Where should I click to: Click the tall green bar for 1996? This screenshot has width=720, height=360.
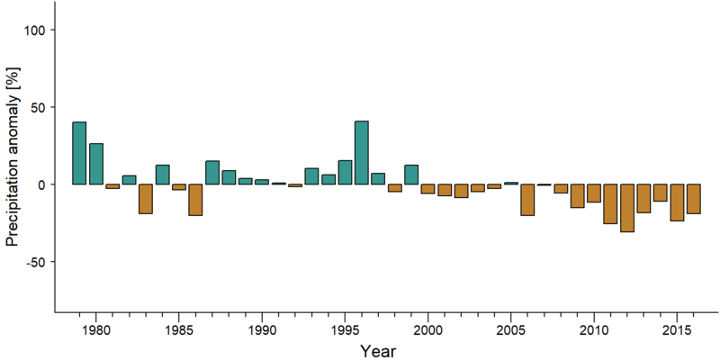pos(362,152)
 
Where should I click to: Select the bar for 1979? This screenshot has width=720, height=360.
pos(79,153)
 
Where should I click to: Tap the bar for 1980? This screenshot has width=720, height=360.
pos(96,164)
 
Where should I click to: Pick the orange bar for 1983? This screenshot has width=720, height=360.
pos(146,199)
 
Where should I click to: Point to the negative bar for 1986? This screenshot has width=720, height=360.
pos(195,200)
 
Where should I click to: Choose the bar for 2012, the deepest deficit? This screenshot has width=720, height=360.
pos(627,208)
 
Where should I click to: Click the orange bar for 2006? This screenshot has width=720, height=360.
pos(527,200)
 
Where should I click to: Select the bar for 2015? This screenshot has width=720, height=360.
pos(677,202)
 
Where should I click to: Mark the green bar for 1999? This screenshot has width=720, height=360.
pos(411,175)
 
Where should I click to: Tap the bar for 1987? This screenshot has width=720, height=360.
pos(212,173)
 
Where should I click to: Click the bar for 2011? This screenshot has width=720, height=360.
pos(610,204)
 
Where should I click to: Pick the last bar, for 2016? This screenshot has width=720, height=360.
pos(694,199)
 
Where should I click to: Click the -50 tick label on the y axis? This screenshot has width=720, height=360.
pos(37,262)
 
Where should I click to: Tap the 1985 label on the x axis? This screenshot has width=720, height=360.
pos(179,330)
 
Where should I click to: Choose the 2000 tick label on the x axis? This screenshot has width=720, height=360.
pos(428,330)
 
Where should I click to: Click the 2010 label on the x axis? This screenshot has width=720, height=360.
pos(594,330)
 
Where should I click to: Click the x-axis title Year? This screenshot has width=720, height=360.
pos(377,350)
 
